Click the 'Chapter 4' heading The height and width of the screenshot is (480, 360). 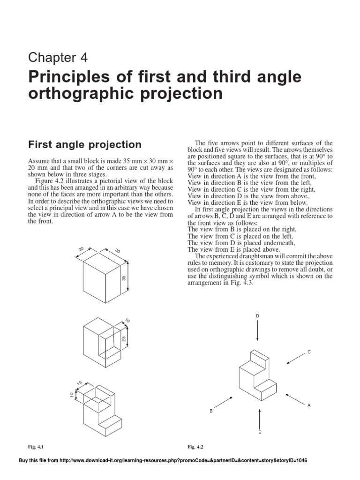(58, 57)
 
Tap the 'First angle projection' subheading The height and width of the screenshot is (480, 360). (85, 144)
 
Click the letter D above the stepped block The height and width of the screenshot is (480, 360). (257, 316)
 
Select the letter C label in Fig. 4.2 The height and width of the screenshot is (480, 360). (308, 351)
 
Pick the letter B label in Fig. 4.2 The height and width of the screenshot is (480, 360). (211, 411)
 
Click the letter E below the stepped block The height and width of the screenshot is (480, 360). (260, 433)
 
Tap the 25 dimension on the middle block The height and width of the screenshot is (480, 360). (124, 338)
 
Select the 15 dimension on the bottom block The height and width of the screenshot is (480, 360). (80, 383)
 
